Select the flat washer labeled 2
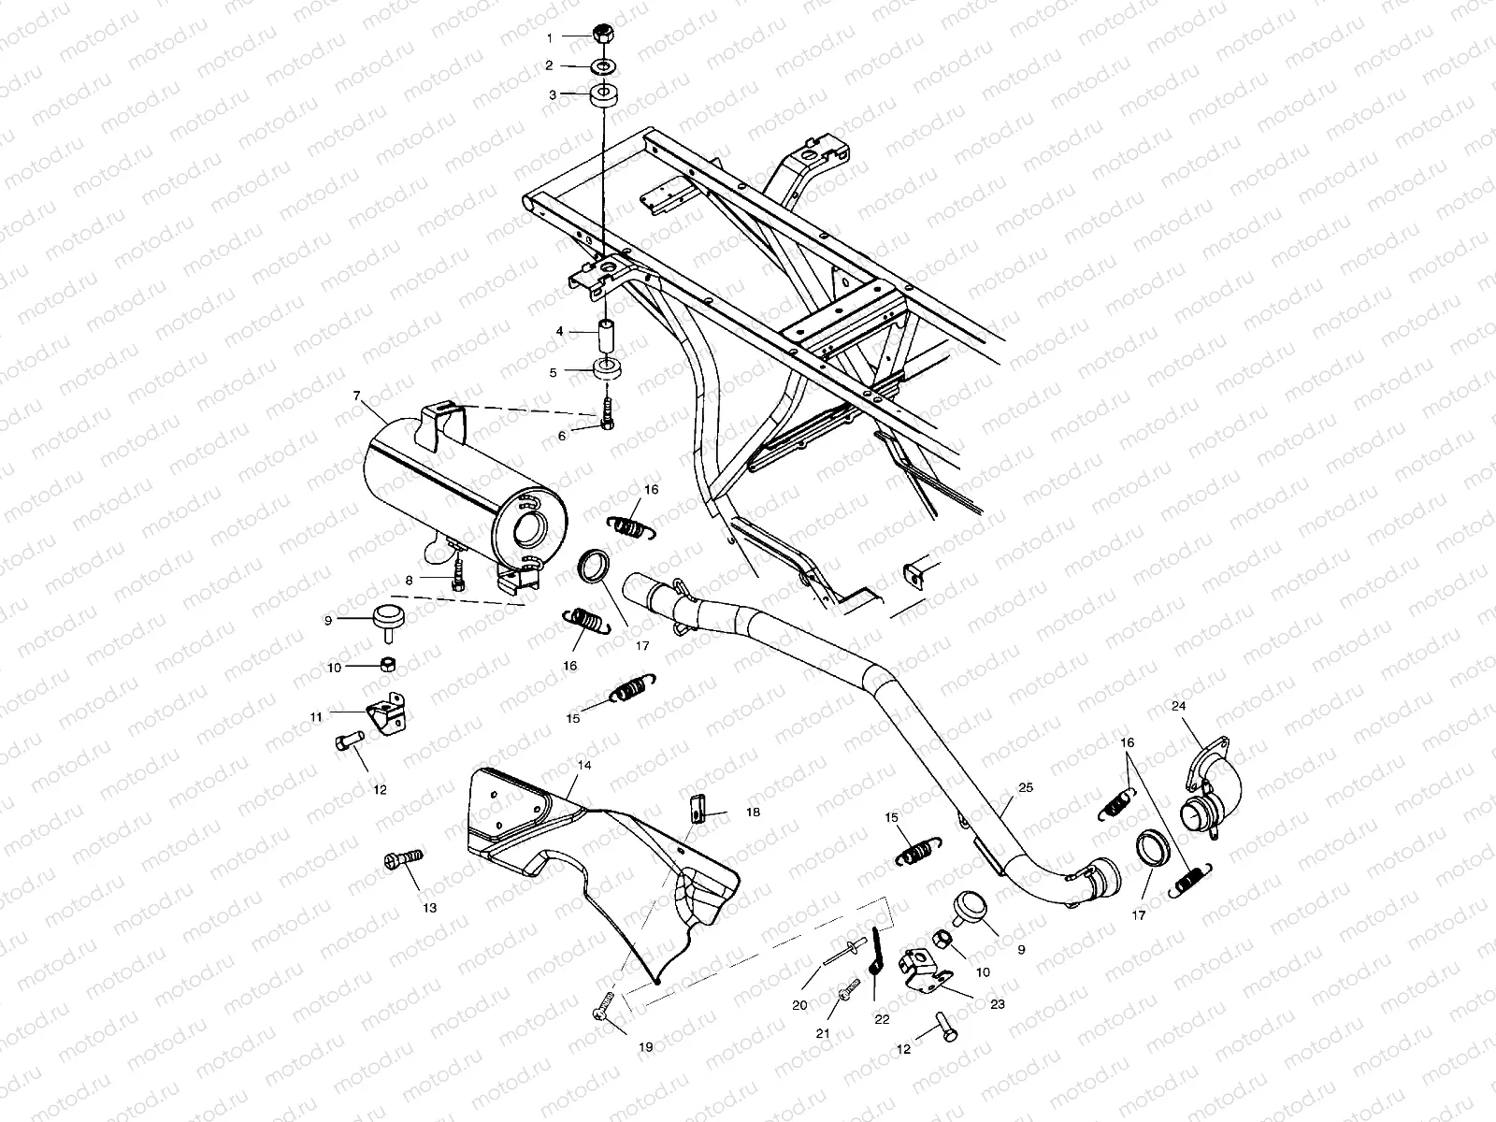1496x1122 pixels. [x=604, y=65]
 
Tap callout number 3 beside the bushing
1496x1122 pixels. [x=554, y=94]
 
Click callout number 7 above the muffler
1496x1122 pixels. [x=356, y=396]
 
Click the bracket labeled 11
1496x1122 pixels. [x=386, y=715]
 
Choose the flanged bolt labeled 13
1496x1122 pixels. [x=403, y=862]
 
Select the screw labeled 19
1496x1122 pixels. [x=603, y=1008]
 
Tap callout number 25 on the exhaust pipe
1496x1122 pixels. [x=1026, y=788]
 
